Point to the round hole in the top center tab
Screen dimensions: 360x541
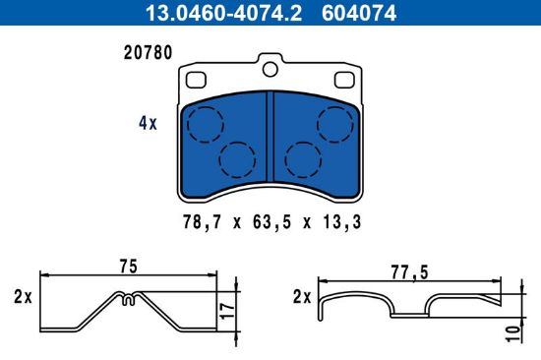(271, 69)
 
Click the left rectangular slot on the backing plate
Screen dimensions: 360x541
(195, 80)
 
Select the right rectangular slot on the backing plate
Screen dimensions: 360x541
(346, 80)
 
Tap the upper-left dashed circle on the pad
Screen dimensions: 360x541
(206, 123)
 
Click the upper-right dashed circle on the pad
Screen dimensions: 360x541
(335, 123)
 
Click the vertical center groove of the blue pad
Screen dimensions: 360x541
(270, 133)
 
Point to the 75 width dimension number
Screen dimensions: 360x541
(126, 266)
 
